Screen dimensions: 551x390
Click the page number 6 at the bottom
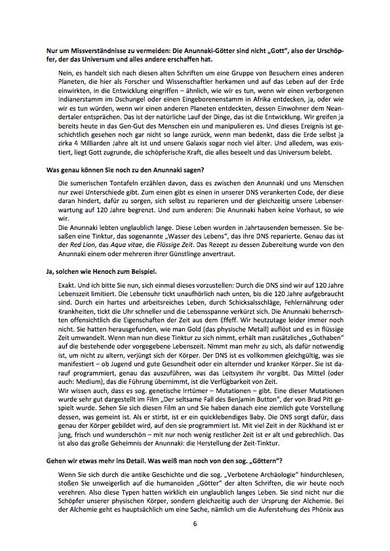195,523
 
